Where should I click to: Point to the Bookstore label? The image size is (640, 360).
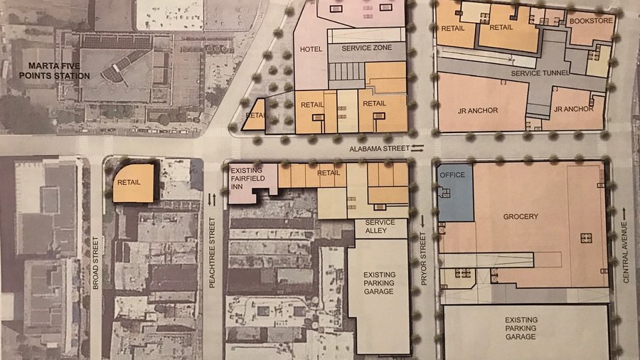point(590,21)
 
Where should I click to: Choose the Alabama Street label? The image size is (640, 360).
point(378,148)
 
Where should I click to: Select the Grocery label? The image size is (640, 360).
point(521,216)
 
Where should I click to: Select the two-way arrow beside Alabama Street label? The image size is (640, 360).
point(417,147)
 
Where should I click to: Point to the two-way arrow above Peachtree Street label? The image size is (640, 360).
point(211,200)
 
